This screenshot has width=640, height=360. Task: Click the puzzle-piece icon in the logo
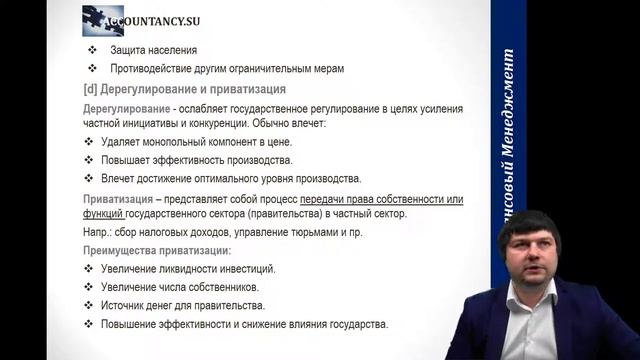click(x=99, y=17)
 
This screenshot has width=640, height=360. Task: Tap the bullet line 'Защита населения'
click(x=154, y=49)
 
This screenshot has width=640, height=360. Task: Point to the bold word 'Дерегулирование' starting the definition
click(x=125, y=107)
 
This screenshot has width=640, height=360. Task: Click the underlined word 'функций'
click(x=105, y=214)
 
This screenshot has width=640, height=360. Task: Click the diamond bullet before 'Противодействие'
click(x=92, y=68)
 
